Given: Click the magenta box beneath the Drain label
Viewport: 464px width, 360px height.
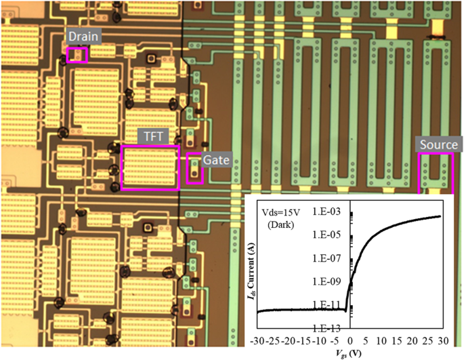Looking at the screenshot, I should [x=77, y=55].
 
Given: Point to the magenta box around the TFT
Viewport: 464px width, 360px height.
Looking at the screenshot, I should [x=150, y=167].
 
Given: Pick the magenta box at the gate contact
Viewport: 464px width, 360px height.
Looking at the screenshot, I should [x=195, y=169].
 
